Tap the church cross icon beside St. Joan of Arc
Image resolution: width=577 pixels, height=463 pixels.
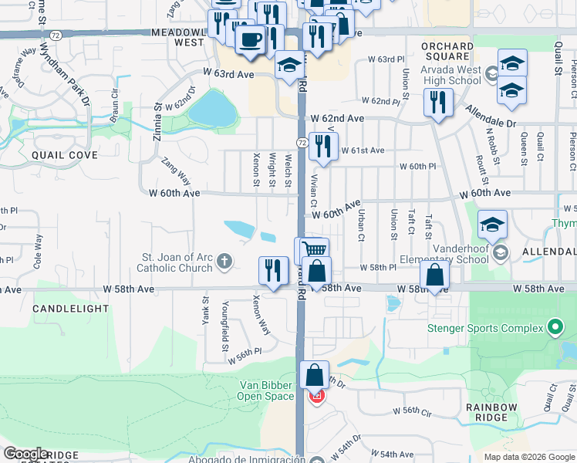coord(224,262)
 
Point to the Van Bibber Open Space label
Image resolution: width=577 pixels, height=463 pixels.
coord(265,390)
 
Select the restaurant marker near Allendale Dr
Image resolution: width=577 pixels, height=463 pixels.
coord(438,103)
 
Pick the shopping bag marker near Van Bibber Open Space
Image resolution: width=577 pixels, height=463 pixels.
coord(315,376)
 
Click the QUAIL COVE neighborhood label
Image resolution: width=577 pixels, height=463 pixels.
coord(65,155)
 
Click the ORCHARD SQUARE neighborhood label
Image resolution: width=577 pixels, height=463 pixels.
coord(447,51)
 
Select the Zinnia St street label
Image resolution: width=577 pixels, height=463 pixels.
coord(158,119)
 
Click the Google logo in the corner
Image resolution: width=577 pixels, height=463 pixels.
coord(25,454)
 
